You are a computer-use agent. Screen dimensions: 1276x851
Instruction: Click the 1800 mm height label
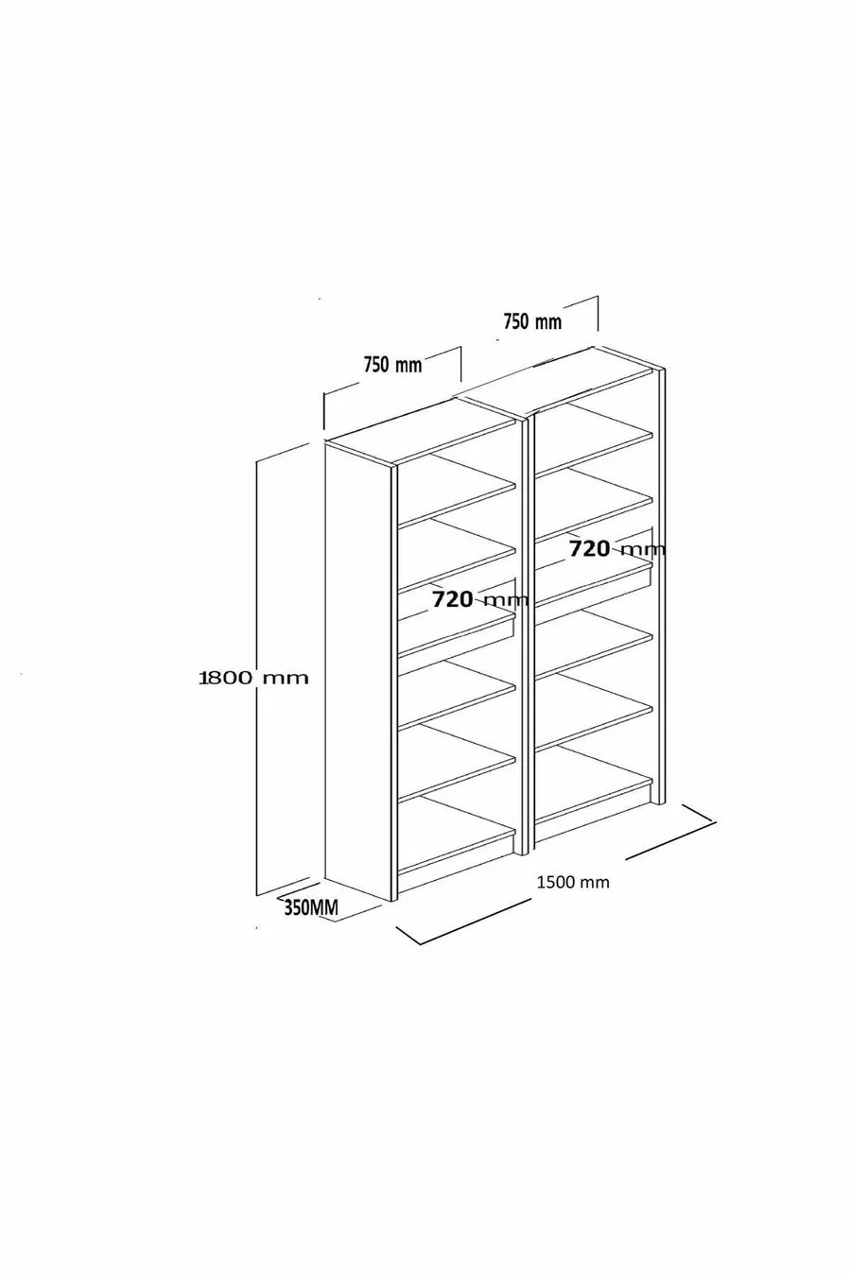tap(253, 678)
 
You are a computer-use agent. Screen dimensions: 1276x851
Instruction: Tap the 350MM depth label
tap(310, 908)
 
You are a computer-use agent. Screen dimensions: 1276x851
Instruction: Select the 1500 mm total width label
tap(573, 882)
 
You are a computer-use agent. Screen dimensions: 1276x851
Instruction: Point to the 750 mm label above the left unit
tap(392, 364)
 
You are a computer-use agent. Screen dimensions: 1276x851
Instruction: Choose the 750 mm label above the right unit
tap(531, 321)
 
